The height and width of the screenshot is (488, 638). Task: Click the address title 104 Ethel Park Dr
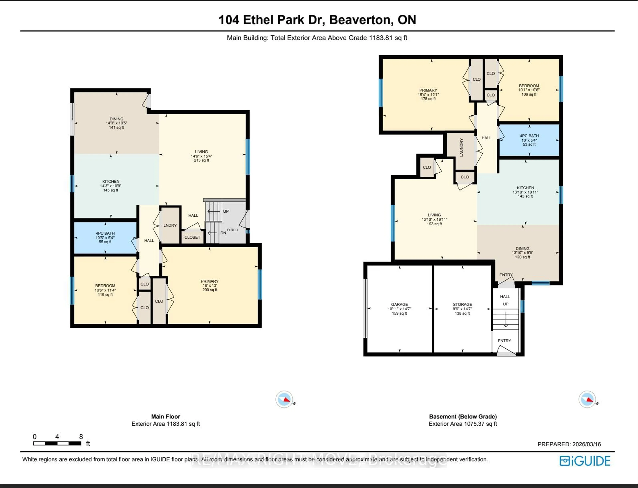[x=317, y=20]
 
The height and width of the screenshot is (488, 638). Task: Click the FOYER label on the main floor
[x=232, y=230]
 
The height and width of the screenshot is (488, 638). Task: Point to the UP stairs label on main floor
[x=226, y=211]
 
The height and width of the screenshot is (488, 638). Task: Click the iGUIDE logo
[x=585, y=461]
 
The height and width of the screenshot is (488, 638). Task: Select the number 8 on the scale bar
[x=81, y=437]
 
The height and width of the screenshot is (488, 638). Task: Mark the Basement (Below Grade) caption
[x=463, y=416]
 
